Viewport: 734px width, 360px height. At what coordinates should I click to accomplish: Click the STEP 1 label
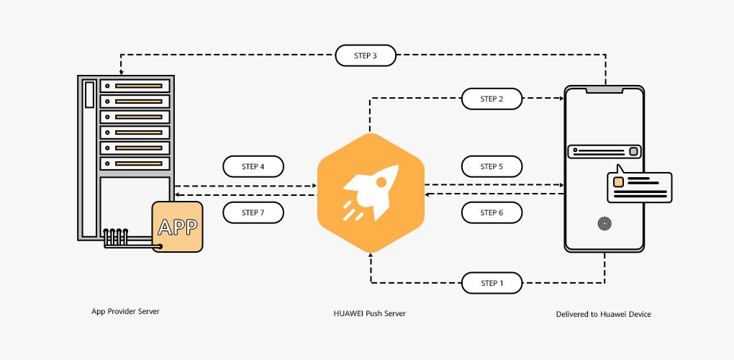(491, 283)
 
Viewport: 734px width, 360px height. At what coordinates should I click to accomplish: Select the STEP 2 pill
(491, 99)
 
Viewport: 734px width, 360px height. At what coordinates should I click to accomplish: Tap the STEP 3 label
(366, 55)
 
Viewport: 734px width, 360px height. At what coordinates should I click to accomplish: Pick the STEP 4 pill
(253, 166)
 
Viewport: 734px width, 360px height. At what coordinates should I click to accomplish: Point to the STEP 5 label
(491, 166)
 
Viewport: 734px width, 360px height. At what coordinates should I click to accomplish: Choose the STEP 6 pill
(491, 212)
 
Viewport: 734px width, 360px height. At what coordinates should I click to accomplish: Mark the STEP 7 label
(253, 212)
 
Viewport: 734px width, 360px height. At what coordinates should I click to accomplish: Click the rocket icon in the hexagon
(371, 191)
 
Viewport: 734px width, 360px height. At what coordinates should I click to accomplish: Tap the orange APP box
(177, 227)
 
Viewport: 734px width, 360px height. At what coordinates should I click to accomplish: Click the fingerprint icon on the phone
(604, 225)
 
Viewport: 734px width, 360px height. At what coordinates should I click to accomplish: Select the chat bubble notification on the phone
(639, 187)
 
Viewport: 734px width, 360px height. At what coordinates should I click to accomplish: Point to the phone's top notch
(604, 90)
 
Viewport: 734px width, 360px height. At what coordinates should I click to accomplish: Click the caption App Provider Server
(125, 311)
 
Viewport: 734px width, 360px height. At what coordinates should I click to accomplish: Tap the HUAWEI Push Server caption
(370, 314)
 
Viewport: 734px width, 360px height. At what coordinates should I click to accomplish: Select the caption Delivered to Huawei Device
(603, 314)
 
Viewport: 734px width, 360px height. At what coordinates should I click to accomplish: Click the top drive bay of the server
(135, 86)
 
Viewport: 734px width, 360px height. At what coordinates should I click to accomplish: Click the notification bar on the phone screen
(604, 151)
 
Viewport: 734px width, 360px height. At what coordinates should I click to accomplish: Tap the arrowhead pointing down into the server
(121, 72)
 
